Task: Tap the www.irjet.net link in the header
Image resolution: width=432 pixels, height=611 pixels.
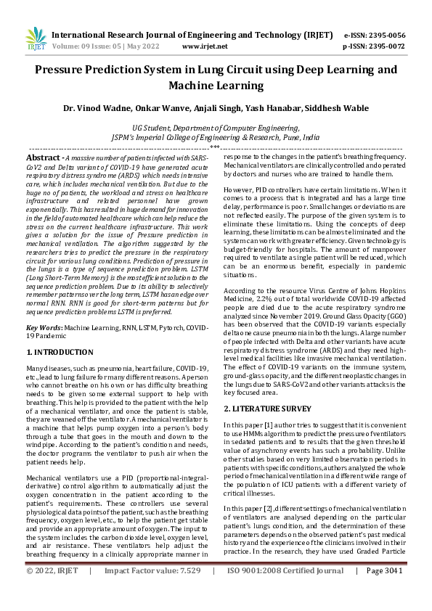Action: [205, 45]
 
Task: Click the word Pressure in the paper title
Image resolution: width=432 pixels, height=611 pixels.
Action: [62, 70]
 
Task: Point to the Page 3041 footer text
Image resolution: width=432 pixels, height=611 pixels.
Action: [383, 591]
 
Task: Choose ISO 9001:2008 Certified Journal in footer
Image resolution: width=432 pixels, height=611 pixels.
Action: [285, 591]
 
